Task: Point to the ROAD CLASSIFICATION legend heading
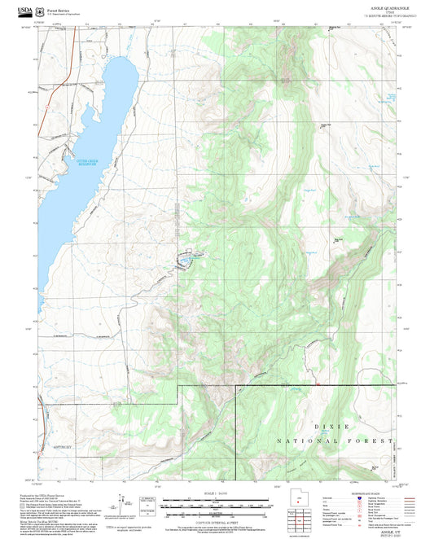(368, 490)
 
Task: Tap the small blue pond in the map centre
(186, 261)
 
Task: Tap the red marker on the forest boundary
(316, 383)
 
